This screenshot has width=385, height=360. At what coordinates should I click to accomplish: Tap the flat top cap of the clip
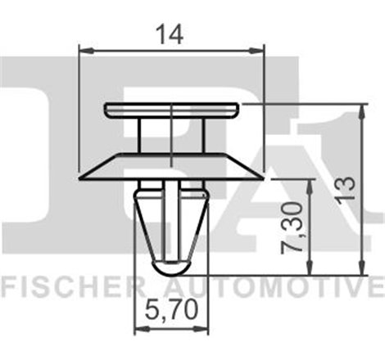pos(171,109)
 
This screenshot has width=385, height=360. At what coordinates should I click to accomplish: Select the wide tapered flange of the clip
pos(171,164)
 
